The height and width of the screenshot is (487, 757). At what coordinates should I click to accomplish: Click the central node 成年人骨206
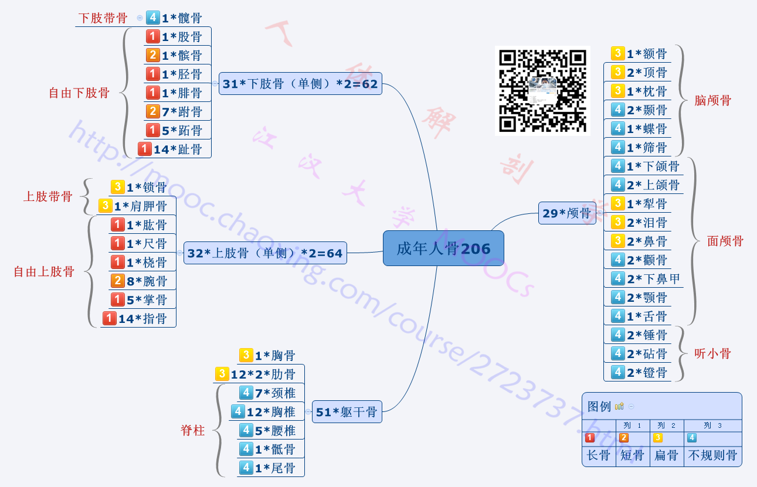pos(443,248)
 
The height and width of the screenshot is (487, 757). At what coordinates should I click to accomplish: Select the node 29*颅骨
pos(566,213)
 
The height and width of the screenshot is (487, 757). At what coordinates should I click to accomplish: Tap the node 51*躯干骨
pos(346,412)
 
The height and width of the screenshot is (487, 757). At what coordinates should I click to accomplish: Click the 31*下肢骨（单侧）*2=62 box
pos(300,84)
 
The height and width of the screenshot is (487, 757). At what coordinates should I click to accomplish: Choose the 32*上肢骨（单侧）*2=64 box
pos(264,253)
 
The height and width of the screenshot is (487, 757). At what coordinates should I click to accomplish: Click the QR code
pos(542,90)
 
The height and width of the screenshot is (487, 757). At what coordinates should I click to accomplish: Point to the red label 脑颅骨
pos(712,100)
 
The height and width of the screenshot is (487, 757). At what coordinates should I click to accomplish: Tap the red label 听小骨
pos(712,353)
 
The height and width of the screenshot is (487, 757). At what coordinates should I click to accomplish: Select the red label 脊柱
pos(193,431)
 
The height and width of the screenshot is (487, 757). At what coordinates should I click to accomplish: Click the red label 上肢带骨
pos(48,196)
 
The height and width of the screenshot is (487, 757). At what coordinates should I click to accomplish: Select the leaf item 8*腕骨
pos(147,281)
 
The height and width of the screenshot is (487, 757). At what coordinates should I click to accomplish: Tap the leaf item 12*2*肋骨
pos(263,374)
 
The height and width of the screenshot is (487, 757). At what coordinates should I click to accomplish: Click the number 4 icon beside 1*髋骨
pos(152,18)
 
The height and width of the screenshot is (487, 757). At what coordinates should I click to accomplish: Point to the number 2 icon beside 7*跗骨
pos(152,111)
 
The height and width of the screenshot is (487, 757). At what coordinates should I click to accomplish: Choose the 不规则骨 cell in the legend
pos(712,455)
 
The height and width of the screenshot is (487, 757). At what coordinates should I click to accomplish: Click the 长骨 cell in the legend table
pos(599,455)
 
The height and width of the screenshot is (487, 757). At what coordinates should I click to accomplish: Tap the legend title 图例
pos(599,406)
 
